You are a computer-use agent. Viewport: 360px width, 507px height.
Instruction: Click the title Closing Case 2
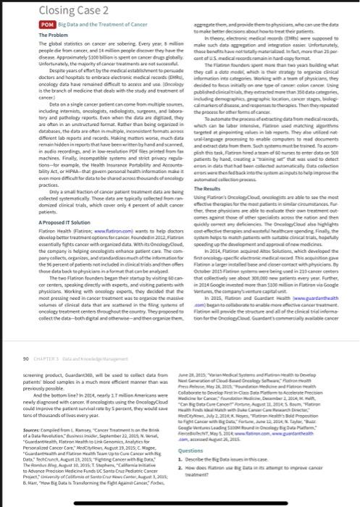(x=35, y=10)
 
